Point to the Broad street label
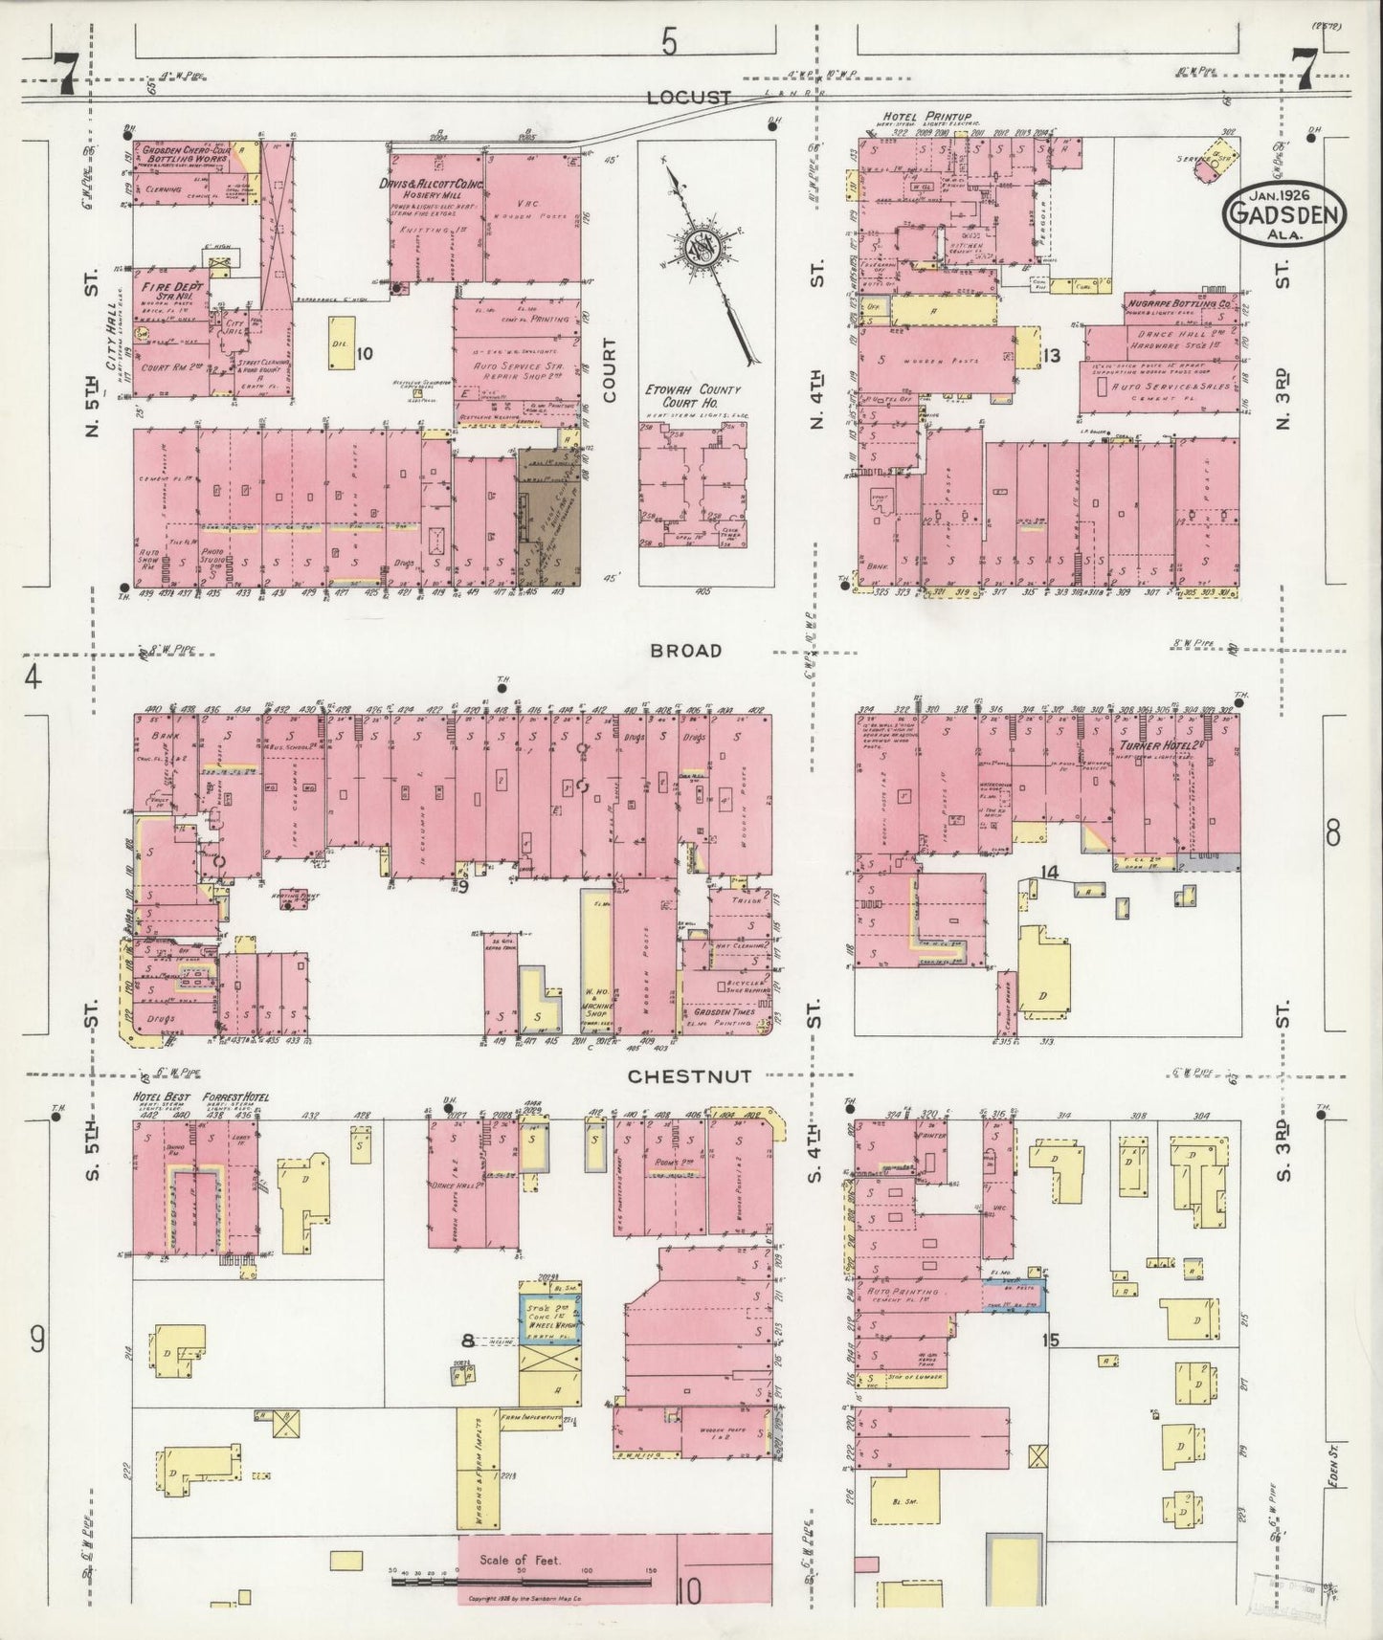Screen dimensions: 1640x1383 [x=684, y=651]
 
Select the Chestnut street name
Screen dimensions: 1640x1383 [x=676, y=1076]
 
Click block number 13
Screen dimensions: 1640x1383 [x=1052, y=356]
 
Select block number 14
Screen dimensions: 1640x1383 [x=1050, y=872]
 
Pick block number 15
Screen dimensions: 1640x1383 [x=1050, y=1340]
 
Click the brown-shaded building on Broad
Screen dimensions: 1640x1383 [x=550, y=517]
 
